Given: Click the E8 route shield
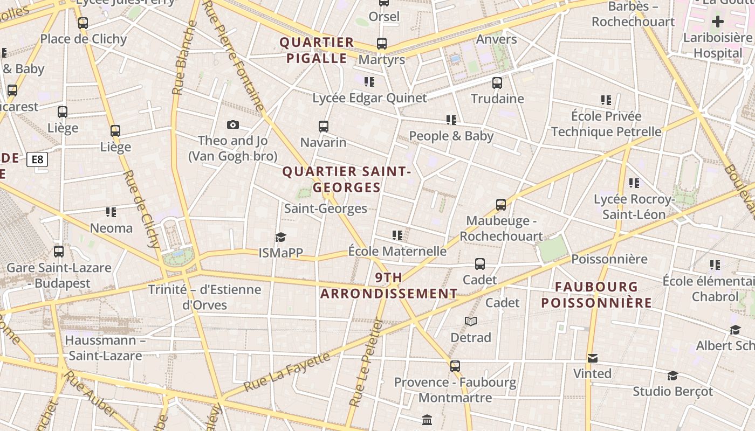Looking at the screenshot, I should [x=37, y=159].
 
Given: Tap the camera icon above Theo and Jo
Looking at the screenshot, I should [x=233, y=125].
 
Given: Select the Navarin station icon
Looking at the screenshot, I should [x=324, y=127].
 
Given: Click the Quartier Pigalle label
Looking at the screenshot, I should [x=317, y=50].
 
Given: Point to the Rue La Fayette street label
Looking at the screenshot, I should [x=286, y=372].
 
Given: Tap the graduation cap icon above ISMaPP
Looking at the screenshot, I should [x=280, y=237].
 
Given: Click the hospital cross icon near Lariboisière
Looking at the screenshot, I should [x=717, y=22].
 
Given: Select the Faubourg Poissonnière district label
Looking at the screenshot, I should [x=596, y=295].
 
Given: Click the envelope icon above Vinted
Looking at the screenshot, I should [x=593, y=358].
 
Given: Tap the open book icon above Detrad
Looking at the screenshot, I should [x=471, y=322].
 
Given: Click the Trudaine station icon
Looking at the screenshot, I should [x=497, y=83].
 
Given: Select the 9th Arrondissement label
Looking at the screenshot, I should [x=389, y=286].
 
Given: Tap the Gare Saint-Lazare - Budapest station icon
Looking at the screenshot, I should [x=59, y=252].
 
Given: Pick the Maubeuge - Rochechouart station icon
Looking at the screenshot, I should [x=501, y=205].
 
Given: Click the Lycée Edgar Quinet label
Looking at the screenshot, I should [x=369, y=98].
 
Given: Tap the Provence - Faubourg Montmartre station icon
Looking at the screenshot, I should [x=455, y=366].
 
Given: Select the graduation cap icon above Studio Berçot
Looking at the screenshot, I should [x=672, y=376].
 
